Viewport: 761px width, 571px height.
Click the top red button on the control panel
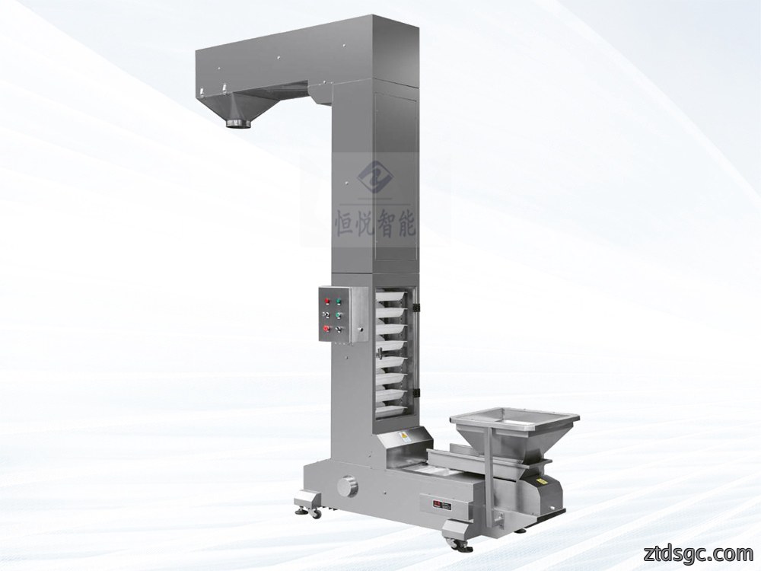326,301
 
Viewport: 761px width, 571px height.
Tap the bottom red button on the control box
326,330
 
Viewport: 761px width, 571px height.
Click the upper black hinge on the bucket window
416,307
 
